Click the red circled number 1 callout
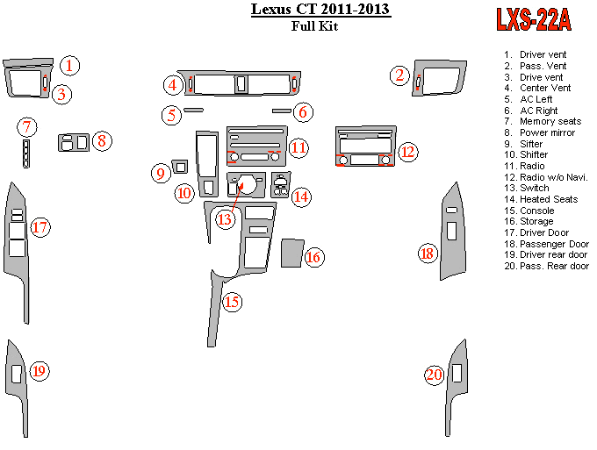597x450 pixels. [x=71, y=64]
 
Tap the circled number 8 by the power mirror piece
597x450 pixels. [x=102, y=140]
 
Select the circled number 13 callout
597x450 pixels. [x=225, y=219]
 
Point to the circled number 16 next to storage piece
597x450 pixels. [x=313, y=256]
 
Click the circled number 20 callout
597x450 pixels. [x=434, y=375]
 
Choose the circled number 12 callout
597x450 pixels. [x=407, y=152]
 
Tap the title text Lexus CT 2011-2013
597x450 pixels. [x=320, y=10]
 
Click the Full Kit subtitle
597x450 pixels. [x=314, y=26]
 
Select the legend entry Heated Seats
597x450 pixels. [x=548, y=199]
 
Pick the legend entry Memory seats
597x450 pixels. [x=550, y=121]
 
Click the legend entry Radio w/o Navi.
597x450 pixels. [x=553, y=177]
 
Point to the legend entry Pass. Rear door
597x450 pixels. [x=553, y=266]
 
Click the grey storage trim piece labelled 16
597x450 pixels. [x=290, y=253]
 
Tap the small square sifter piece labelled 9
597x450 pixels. [x=181, y=166]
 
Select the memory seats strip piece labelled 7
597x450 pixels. [x=27, y=154]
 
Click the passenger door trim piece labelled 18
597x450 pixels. [x=453, y=232]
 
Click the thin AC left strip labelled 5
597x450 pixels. [x=193, y=111]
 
